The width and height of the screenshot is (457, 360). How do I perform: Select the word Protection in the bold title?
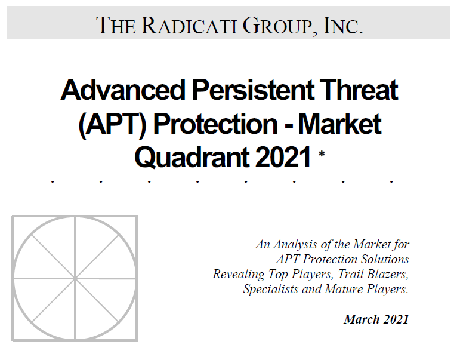pyautogui.click(x=220, y=124)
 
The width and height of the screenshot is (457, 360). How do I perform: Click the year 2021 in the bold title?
pyautogui.click(x=284, y=157)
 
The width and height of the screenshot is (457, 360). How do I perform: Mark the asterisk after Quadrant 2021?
pyautogui.click(x=322, y=155)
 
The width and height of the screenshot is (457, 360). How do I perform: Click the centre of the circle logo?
pyautogui.click(x=75, y=278)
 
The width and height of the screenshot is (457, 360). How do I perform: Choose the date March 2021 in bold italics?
pyautogui.click(x=376, y=319)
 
